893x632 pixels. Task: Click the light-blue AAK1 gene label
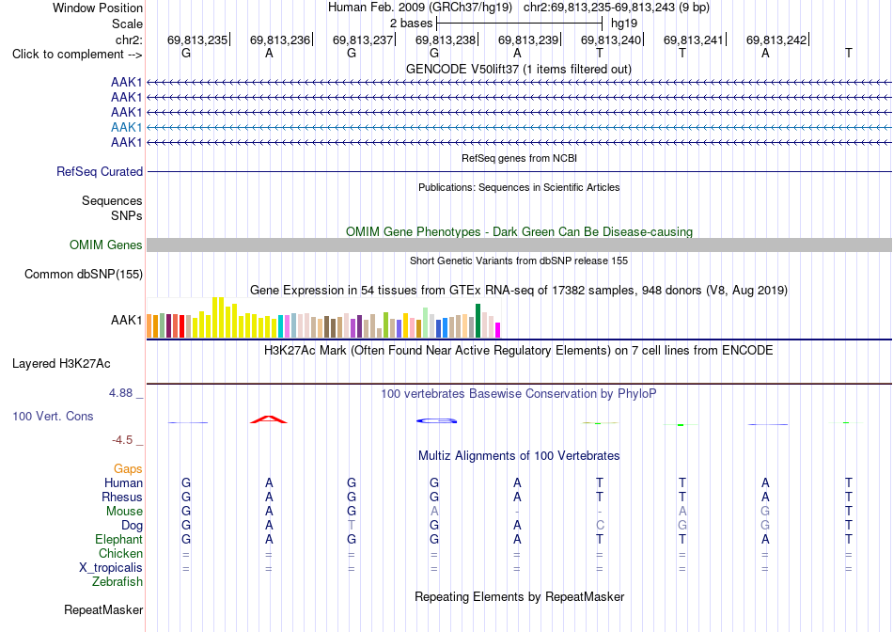[127, 127]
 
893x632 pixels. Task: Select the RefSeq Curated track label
[100, 171]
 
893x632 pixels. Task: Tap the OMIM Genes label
[106, 245]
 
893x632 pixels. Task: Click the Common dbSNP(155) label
[84, 274]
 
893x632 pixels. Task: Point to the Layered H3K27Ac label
[61, 364]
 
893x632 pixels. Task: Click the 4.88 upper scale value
[120, 393]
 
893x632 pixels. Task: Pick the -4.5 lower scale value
[122, 440]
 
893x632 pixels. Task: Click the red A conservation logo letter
[269, 420]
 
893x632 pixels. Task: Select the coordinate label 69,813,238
[446, 39]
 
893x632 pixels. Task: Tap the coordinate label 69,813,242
[776, 39]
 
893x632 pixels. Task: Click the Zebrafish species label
[117, 582]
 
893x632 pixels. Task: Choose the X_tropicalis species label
[111, 568]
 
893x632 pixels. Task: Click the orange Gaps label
[128, 469]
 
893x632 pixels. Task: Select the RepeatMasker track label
[103, 610]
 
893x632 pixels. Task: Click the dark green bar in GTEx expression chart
[478, 321]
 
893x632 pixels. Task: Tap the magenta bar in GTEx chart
[498, 330]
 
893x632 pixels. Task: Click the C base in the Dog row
[600, 526]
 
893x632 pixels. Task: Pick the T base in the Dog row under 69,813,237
[352, 526]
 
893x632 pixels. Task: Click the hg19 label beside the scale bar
[623, 24]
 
